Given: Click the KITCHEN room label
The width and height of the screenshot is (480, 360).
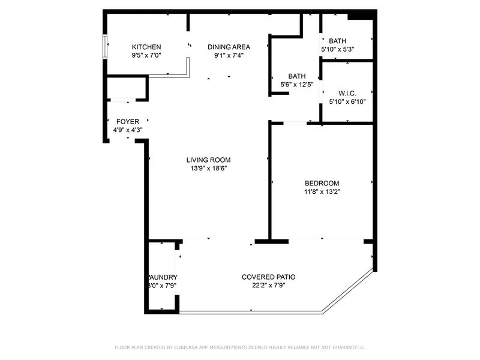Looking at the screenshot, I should tap(146, 47).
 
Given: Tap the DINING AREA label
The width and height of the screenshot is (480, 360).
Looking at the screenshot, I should tap(229, 47).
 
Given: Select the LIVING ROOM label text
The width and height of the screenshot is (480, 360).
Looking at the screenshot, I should tap(208, 160).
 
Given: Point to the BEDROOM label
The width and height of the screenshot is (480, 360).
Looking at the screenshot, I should tap(322, 184).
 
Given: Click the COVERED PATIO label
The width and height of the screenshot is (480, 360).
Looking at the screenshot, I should tap(268, 277).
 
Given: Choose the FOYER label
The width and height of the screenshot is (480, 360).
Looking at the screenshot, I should tap(128, 122).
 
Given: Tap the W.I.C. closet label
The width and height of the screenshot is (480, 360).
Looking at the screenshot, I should tap(347, 94).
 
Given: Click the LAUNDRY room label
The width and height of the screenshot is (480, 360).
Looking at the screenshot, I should tap(163, 277).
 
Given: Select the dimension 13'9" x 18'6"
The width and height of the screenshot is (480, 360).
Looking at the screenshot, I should tap(208, 169).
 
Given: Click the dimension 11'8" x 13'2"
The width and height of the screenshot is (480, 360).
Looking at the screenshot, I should tap(322, 192).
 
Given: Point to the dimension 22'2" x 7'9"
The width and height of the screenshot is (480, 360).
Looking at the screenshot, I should tap(268, 286).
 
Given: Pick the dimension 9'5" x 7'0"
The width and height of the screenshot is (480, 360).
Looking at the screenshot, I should tap(146, 55).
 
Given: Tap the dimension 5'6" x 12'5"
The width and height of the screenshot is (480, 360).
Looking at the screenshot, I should tap(297, 85).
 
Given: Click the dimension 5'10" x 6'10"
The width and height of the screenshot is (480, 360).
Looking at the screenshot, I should tap(347, 102).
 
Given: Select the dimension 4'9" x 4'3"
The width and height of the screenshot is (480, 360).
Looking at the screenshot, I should tap(128, 130).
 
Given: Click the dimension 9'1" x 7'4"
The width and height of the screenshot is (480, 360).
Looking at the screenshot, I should tap(229, 55).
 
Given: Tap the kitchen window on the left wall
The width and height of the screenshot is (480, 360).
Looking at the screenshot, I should tap(106, 47).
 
